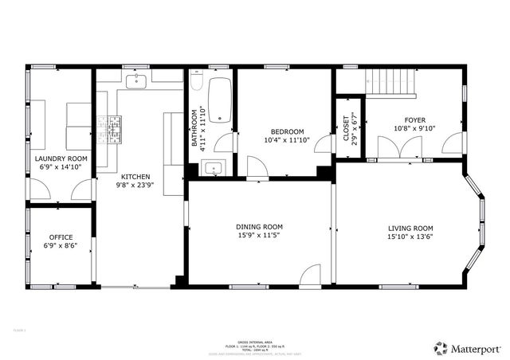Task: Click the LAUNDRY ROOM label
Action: (x=61, y=158)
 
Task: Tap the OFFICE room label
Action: (x=61, y=237)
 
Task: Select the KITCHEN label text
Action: (x=135, y=176)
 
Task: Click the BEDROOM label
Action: (x=287, y=131)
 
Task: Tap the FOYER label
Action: (x=415, y=119)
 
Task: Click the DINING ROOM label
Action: (x=259, y=226)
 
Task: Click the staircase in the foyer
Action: (x=390, y=82)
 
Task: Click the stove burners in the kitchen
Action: (x=104, y=125)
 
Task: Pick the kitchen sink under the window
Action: (x=136, y=80)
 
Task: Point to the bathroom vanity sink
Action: (x=214, y=167)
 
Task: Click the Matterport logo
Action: (x=468, y=347)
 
